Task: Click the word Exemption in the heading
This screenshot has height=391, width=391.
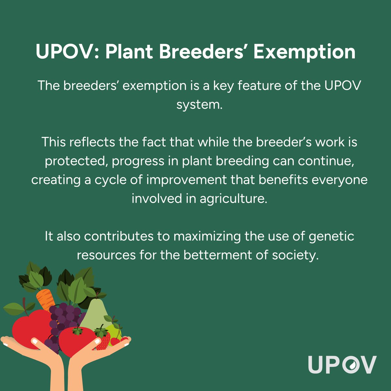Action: (x=304, y=52)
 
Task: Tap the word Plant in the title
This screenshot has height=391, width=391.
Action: (x=129, y=52)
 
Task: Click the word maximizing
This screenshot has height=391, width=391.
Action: (x=207, y=236)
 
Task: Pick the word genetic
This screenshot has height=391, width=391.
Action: (x=331, y=236)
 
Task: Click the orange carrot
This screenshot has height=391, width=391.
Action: (x=46, y=298)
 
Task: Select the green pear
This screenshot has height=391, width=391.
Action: (x=94, y=313)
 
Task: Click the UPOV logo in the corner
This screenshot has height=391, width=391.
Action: (x=342, y=365)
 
